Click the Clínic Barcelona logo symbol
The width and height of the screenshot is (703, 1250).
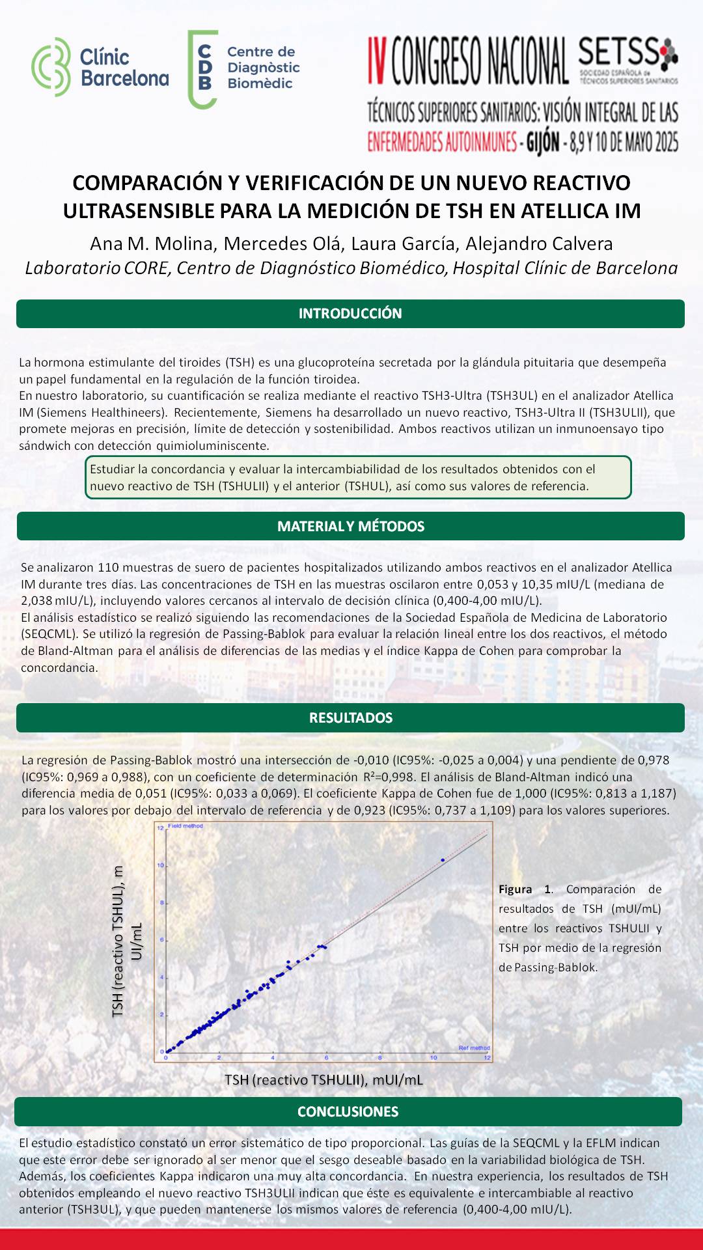51,67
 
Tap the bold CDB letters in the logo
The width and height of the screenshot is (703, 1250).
204,67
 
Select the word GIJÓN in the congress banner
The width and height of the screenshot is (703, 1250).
543,142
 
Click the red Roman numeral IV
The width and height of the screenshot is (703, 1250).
377,61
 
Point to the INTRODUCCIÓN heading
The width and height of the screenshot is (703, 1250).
350,314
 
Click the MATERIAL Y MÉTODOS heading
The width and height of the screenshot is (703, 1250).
350,526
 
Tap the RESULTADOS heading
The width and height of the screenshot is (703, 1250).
350,717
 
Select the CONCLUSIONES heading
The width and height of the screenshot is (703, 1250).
348,1111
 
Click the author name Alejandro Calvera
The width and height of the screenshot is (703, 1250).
539,243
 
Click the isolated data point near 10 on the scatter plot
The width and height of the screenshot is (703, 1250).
443,860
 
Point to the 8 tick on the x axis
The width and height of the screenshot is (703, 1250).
380,1057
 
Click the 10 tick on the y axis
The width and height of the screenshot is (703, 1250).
160,865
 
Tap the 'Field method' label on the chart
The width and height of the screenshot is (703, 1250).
186,826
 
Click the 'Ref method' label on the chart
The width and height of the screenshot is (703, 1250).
474,1048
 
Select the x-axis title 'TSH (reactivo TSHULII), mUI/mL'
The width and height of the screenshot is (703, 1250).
324,1079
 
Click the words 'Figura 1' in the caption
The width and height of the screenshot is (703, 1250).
525,889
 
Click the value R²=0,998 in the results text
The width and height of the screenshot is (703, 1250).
389,777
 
